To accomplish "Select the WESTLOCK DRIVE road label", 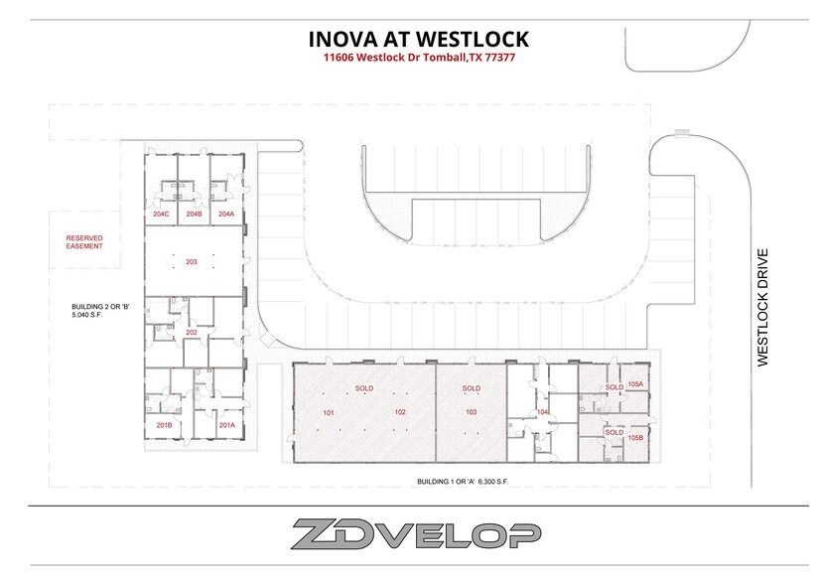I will pyautogui.click(x=763, y=307).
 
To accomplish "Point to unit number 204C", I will pyautogui.click(x=161, y=214).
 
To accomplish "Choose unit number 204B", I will pyautogui.click(x=194, y=214).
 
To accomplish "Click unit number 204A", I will pyautogui.click(x=226, y=214).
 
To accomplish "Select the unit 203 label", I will pyautogui.click(x=193, y=262).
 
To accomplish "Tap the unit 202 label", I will pyautogui.click(x=193, y=333).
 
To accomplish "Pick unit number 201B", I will pyautogui.click(x=165, y=425).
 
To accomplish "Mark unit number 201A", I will pyautogui.click(x=226, y=425).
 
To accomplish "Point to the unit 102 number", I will pyautogui.click(x=400, y=411).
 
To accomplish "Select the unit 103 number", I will pyautogui.click(x=471, y=411).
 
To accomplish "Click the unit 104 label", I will pyautogui.click(x=542, y=411).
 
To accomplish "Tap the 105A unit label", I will pyautogui.click(x=635, y=384).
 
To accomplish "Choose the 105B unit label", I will pyautogui.click(x=635, y=437).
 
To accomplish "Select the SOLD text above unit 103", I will pyautogui.click(x=471, y=388).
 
